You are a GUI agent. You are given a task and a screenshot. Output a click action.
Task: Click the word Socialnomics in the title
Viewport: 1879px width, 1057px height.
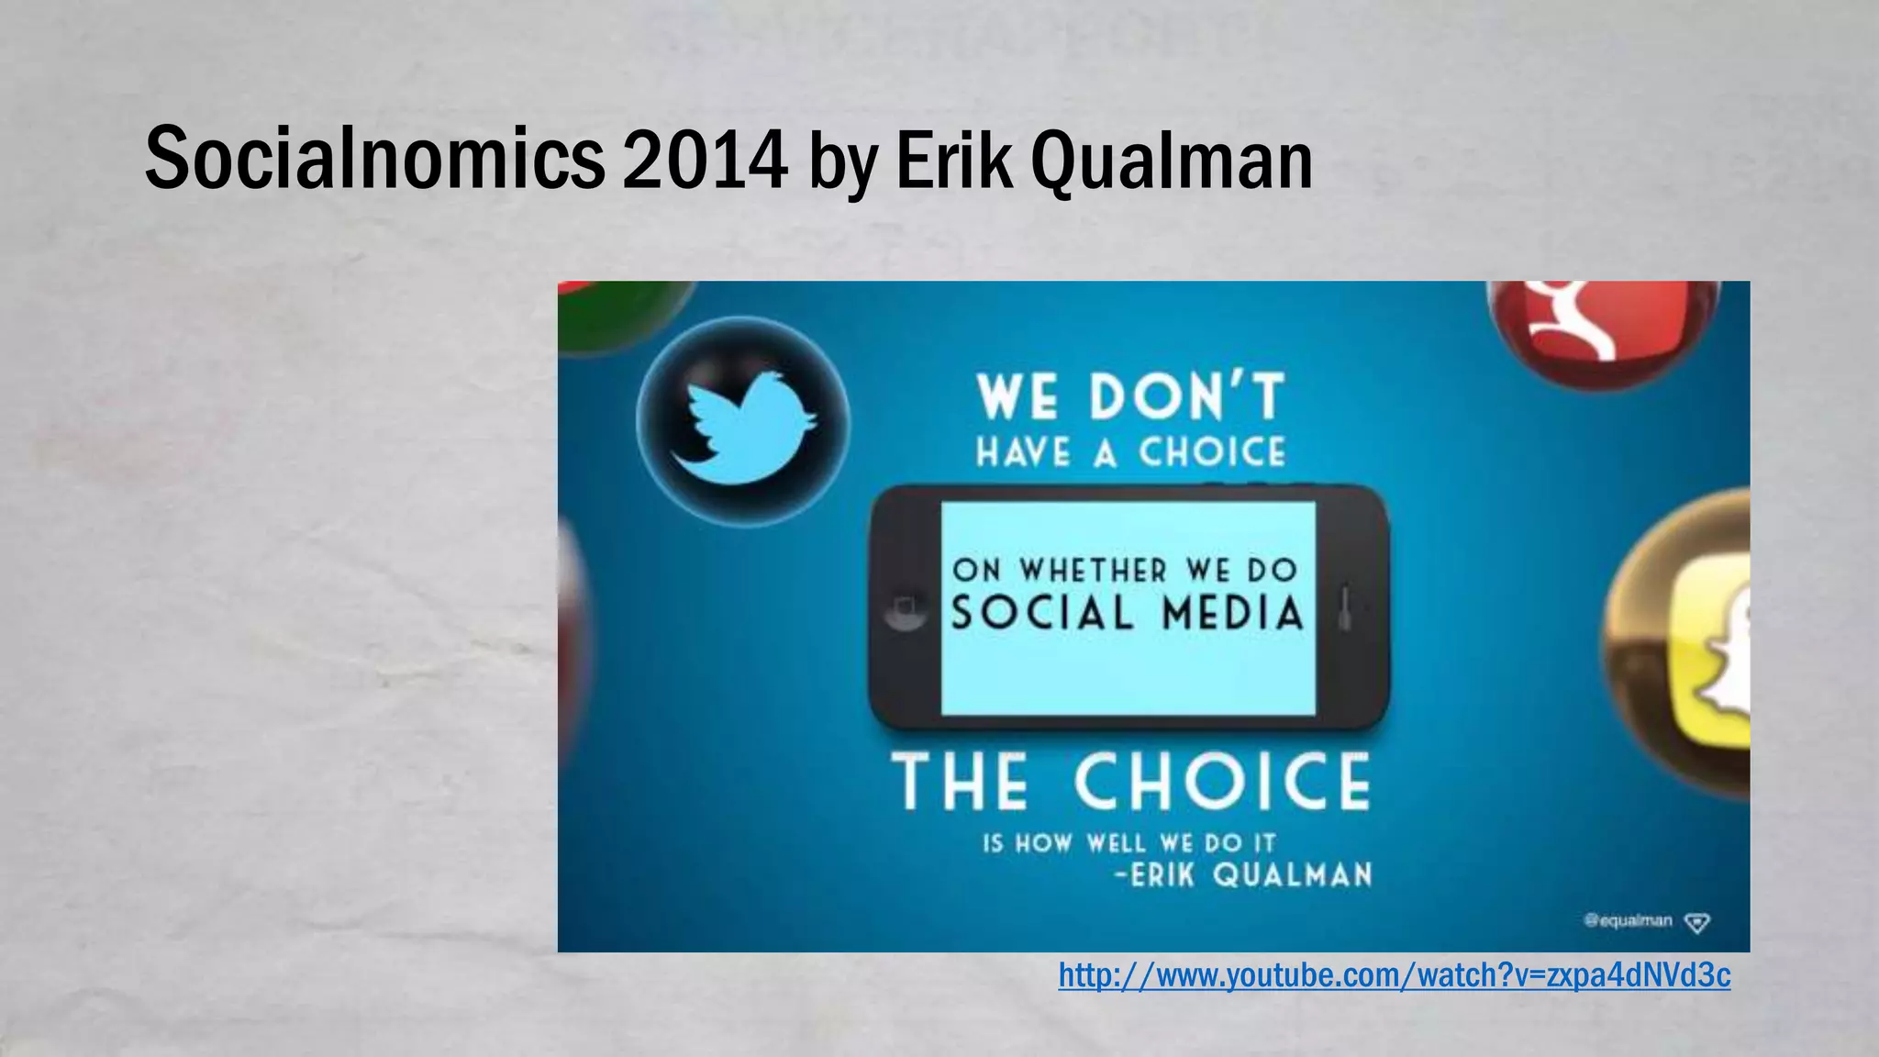(374, 160)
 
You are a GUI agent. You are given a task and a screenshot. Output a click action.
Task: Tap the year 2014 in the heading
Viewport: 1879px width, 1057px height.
(705, 160)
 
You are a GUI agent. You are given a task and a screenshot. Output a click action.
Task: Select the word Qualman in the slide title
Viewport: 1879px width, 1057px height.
(1172, 161)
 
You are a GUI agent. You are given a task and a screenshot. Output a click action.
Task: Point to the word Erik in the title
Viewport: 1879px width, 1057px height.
(954, 160)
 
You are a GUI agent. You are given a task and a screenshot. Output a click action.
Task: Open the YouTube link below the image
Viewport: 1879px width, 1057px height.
(1394, 975)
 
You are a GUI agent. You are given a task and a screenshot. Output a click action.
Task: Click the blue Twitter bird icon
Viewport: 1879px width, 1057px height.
(742, 423)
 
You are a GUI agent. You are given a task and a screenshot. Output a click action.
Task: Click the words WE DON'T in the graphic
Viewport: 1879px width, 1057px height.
(1130, 397)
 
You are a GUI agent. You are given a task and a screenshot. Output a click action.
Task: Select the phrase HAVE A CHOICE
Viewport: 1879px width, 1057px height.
(1130, 452)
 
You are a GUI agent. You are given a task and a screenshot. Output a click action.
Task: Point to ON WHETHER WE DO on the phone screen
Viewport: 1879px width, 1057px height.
(1125, 570)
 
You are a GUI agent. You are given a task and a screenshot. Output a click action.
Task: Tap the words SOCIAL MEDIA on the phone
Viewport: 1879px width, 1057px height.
(1127, 613)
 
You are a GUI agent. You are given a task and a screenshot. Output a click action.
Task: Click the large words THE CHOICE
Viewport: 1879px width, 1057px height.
(1130, 782)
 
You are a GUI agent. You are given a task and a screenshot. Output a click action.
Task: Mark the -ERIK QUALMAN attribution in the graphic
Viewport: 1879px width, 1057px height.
(1243, 874)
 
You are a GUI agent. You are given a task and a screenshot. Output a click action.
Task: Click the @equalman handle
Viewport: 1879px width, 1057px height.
(1628, 920)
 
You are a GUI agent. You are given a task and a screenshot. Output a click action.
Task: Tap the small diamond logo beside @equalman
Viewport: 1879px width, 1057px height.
(1697, 922)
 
